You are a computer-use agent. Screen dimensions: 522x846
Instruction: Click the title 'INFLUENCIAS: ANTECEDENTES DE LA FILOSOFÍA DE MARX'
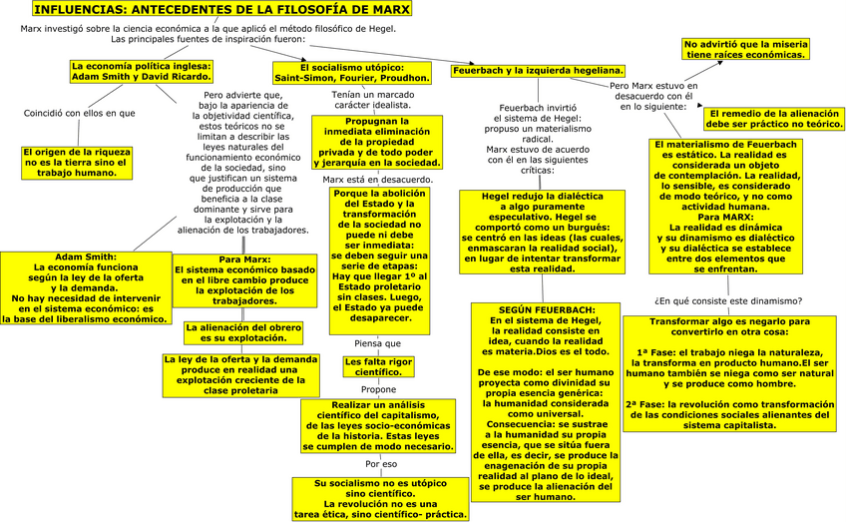pyautogui.click(x=208, y=10)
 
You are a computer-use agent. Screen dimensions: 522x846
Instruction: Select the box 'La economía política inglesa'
pyautogui.click(x=142, y=70)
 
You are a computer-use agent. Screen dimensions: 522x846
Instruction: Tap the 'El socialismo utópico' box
pyautogui.click(x=352, y=72)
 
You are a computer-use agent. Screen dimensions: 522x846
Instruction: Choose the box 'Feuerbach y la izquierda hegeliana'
pyautogui.click(x=538, y=71)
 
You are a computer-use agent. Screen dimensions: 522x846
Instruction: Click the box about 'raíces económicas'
pyautogui.click(x=745, y=50)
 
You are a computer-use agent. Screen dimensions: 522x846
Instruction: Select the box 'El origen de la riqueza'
pyautogui.click(x=78, y=162)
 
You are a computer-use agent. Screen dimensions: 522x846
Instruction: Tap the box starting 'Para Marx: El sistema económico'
pyautogui.click(x=243, y=281)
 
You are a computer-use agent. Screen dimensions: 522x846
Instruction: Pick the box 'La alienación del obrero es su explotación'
pyautogui.click(x=242, y=331)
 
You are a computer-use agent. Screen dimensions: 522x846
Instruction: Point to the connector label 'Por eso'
pyautogui.click(x=381, y=464)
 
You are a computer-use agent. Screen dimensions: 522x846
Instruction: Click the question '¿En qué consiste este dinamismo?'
pyautogui.click(x=728, y=300)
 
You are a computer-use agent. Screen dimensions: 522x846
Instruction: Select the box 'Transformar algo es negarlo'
pyautogui.click(x=729, y=373)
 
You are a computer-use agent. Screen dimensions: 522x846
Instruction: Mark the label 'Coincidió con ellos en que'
pyautogui.click(x=79, y=113)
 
